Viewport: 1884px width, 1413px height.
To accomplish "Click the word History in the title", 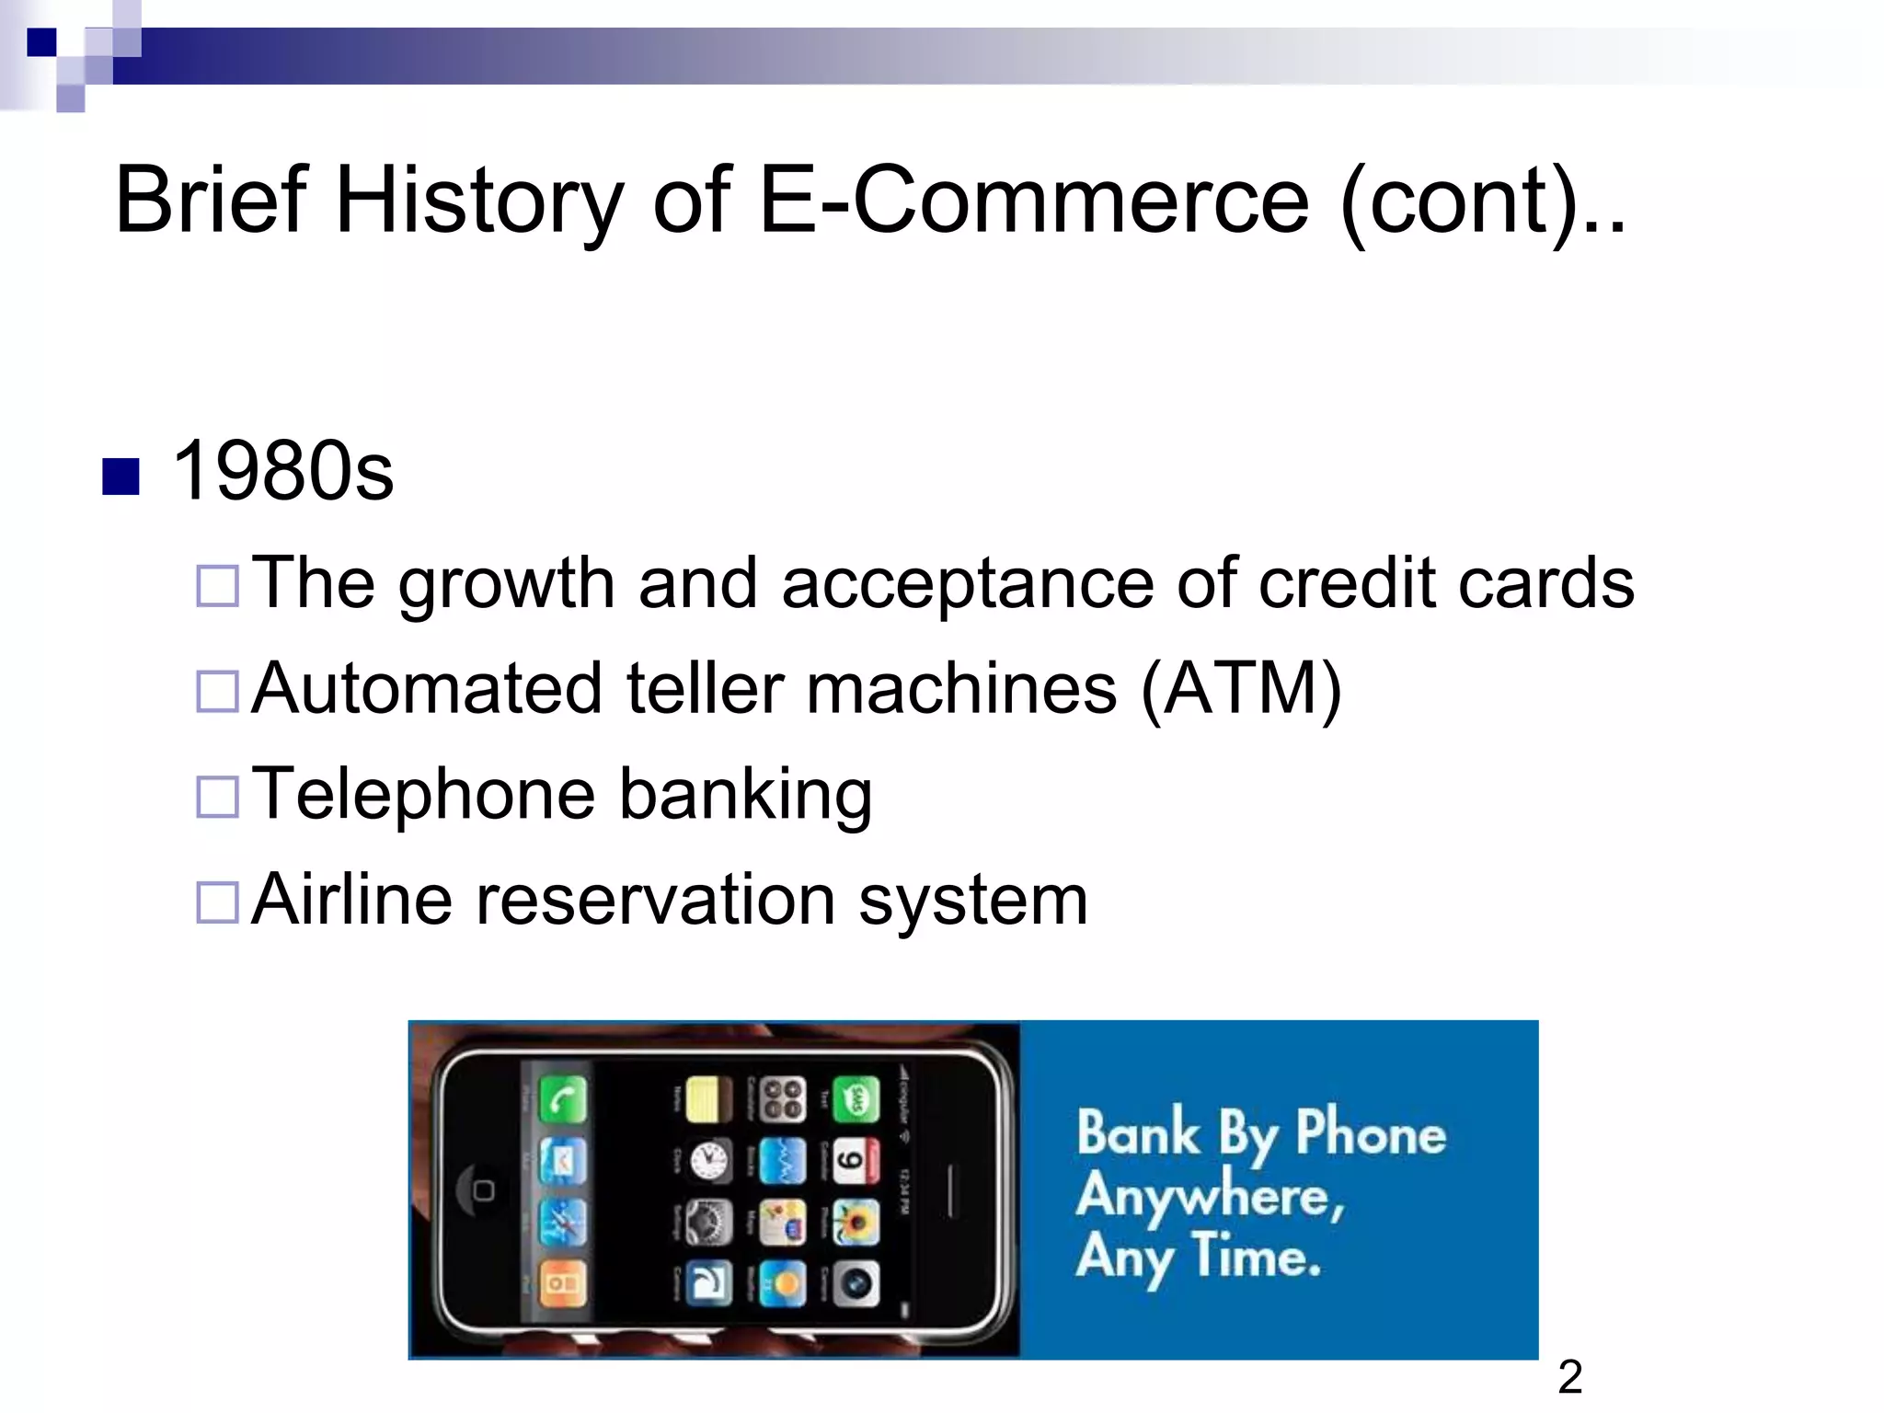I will (x=479, y=200).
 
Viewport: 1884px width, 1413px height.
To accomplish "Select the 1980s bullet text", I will (x=282, y=471).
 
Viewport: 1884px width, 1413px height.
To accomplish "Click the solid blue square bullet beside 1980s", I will (x=121, y=477).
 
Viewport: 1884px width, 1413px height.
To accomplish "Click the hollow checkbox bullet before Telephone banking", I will (x=218, y=797).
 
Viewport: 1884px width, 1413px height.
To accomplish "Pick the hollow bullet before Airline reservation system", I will (x=218, y=902).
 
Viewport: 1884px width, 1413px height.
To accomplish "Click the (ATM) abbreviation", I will (x=1241, y=689).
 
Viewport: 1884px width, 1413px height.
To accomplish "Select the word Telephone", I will (x=423, y=794).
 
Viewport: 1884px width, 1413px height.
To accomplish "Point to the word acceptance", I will (x=967, y=584).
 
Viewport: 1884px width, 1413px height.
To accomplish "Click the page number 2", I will (x=1570, y=1378).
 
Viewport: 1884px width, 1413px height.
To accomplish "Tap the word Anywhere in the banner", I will (x=1211, y=1197).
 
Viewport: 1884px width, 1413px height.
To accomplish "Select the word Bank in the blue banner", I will (x=1138, y=1132).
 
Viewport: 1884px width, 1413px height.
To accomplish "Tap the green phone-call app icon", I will (x=562, y=1099).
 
